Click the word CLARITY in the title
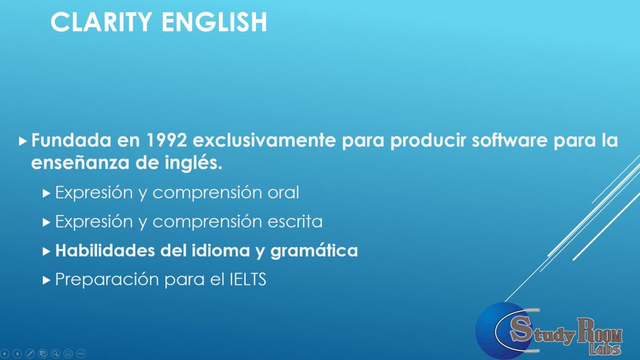(101, 22)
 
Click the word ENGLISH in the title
(215, 22)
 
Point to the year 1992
(167, 140)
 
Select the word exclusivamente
(264, 140)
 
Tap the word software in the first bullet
(509, 140)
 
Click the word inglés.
(193, 163)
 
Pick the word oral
(283, 192)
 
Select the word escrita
(295, 221)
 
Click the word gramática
(314, 251)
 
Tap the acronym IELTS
(248, 279)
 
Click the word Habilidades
(105, 250)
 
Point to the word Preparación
(107, 280)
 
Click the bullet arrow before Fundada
(23, 141)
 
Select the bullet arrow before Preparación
(46, 281)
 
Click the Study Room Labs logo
(549, 331)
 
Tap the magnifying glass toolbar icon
(56, 353)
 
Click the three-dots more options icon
(81, 353)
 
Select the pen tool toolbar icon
(30, 353)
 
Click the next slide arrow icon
(17, 353)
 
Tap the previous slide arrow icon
(5, 353)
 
